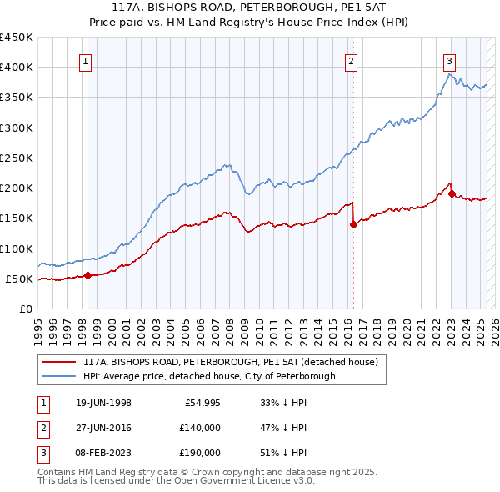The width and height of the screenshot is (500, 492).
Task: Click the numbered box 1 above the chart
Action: (x=87, y=60)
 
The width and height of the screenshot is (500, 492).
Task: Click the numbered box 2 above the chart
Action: (x=352, y=60)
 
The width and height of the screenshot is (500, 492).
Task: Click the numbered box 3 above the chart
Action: (x=449, y=60)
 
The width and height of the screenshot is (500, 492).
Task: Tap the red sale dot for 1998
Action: (x=87, y=275)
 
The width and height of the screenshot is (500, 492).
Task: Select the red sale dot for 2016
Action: (x=353, y=223)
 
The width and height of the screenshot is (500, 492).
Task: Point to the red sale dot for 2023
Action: (x=452, y=194)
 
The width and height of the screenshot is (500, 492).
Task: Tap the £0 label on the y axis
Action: (x=25, y=309)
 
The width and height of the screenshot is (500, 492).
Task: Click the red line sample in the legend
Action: (x=57, y=362)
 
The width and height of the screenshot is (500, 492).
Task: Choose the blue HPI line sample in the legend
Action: (x=57, y=376)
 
